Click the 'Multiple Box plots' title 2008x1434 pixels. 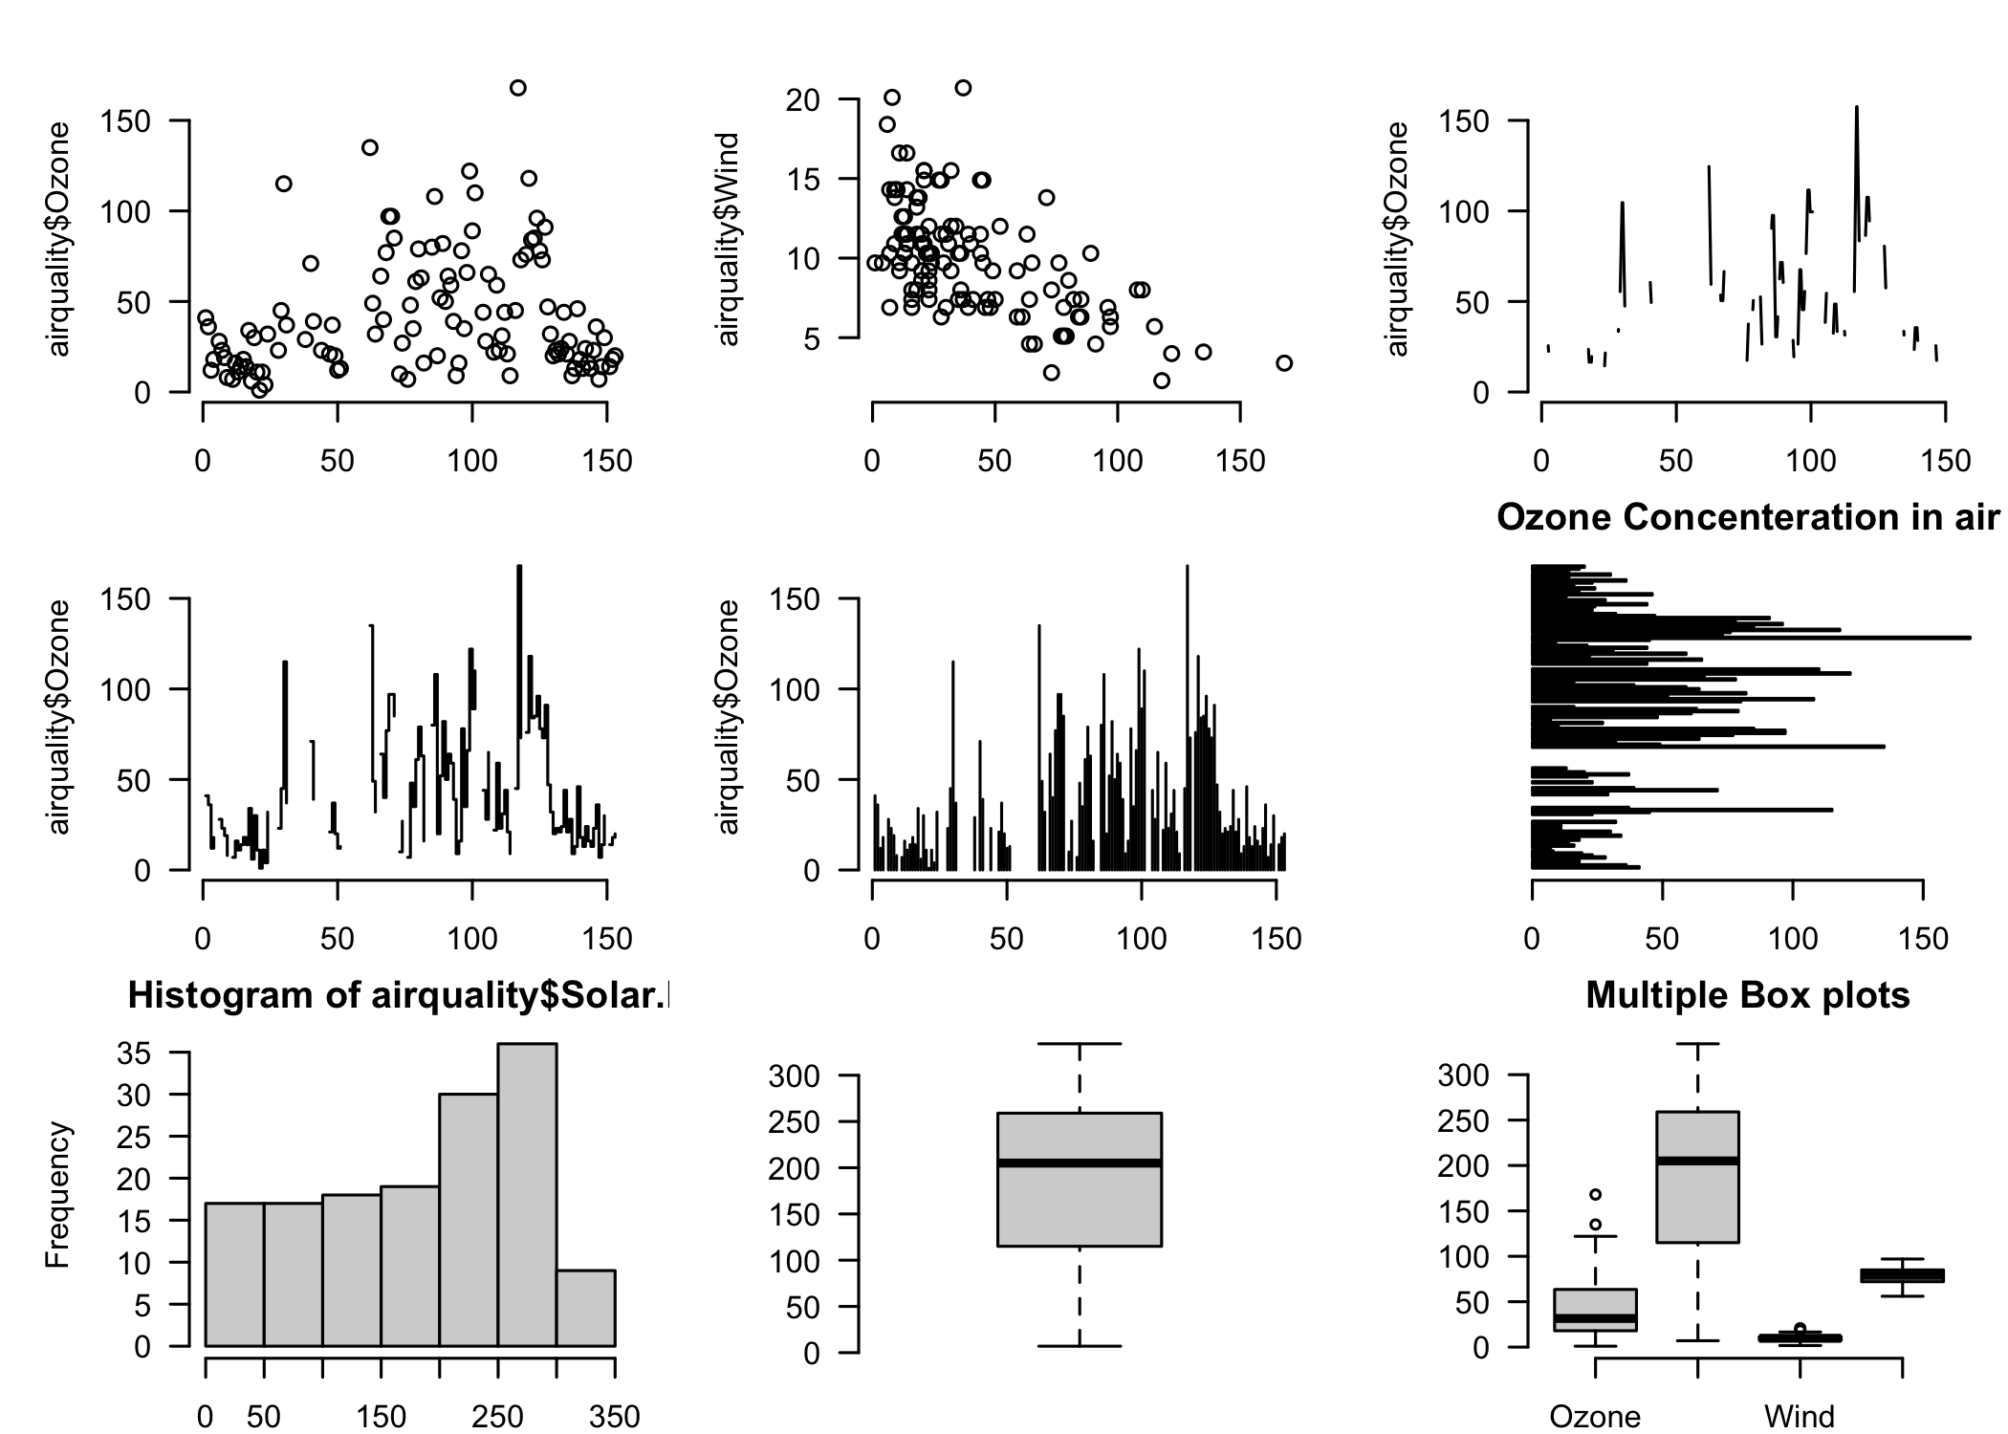pyautogui.click(x=1748, y=995)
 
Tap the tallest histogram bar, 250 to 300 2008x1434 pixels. pyautogui.click(x=527, y=1195)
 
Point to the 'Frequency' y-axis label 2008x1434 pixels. pyautogui.click(x=58, y=1195)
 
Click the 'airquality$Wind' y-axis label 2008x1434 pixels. pyautogui.click(x=728, y=239)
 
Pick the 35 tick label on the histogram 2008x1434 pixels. pyautogui.click(x=133, y=1053)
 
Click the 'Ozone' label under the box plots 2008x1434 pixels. pyautogui.click(x=1595, y=1416)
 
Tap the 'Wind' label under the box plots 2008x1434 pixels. pyautogui.click(x=1800, y=1416)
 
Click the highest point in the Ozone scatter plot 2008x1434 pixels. pyautogui.click(x=517, y=88)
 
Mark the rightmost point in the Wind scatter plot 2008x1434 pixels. pyautogui.click(x=1284, y=363)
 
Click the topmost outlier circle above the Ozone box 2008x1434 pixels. pyautogui.click(x=1595, y=1194)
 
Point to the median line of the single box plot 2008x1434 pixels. pyautogui.click(x=1079, y=1163)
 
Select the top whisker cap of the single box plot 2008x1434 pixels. pyautogui.click(x=1079, y=1044)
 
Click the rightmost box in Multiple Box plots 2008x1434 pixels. pyautogui.click(x=1902, y=1275)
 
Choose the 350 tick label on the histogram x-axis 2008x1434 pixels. pyautogui.click(x=614, y=1416)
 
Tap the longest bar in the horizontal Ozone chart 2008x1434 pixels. pyautogui.click(x=1750, y=637)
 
